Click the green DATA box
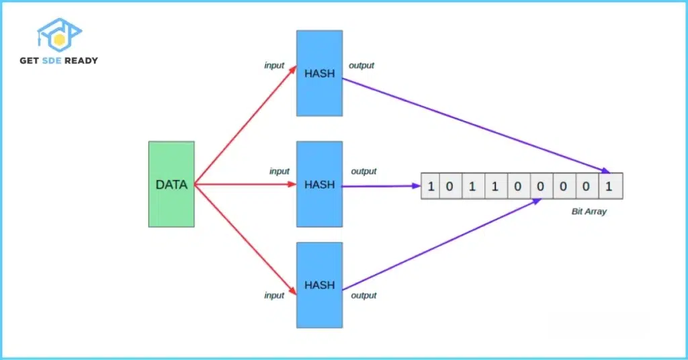tap(171, 184)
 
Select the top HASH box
tap(319, 73)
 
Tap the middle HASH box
tap(319, 184)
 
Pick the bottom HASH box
tap(319, 285)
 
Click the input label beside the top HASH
tap(274, 66)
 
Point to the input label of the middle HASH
tap(279, 171)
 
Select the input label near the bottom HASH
tap(274, 296)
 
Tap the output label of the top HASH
tap(361, 66)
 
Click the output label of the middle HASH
tap(363, 171)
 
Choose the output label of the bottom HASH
tap(363, 296)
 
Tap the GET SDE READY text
tap(59, 60)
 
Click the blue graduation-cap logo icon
tap(59, 36)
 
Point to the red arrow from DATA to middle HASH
tap(245, 184)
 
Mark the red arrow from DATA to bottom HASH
tap(245, 240)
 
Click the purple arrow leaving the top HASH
tap(477, 125)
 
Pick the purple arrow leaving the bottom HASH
tap(443, 246)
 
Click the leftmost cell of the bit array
tap(431, 186)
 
